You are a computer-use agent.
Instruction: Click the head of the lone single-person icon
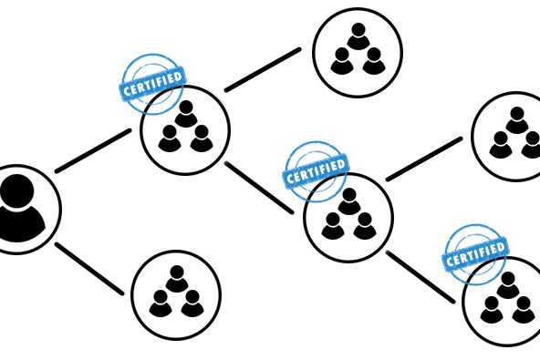pyautogui.click(x=16, y=191)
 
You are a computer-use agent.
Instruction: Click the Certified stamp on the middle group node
pyautogui.click(x=316, y=170)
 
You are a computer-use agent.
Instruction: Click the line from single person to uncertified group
pyautogui.click(x=89, y=269)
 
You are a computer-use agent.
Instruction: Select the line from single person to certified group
pyautogui.click(x=93, y=151)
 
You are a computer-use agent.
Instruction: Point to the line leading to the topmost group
pyautogui.click(x=263, y=69)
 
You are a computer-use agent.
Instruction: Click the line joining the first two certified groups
pyautogui.click(x=259, y=187)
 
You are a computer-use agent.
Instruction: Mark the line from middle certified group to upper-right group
pyautogui.click(x=423, y=159)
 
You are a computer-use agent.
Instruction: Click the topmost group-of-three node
pyautogui.click(x=358, y=52)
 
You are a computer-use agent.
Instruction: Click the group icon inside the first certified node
pyautogui.click(x=185, y=130)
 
